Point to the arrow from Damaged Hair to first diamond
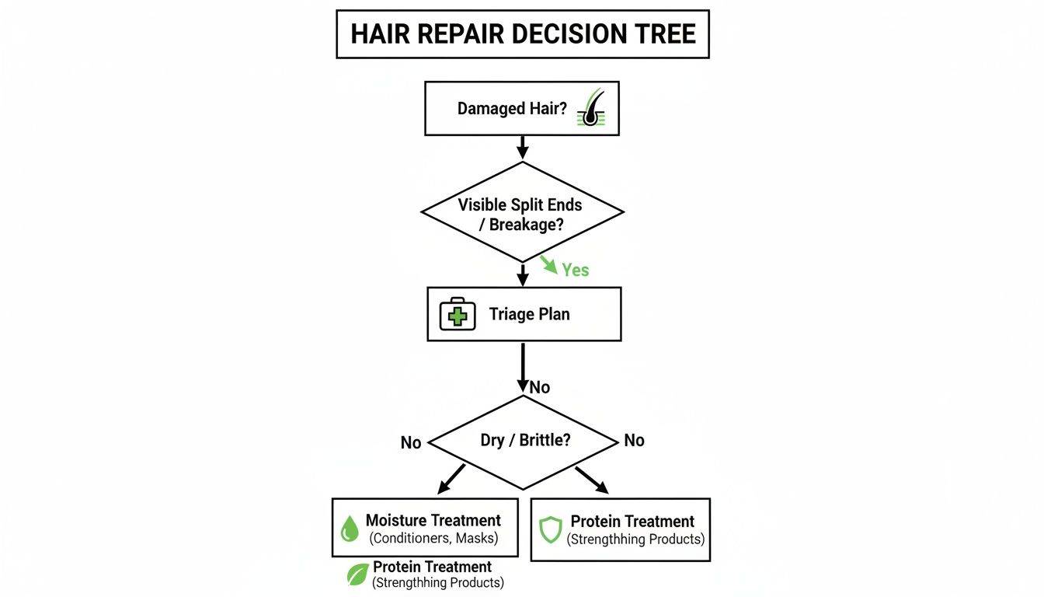522,147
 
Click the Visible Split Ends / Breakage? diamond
522,213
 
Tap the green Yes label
576,270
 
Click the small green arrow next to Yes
549,266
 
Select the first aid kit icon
458,315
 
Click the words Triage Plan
529,314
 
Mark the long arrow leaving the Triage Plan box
522,365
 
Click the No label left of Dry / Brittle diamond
411,442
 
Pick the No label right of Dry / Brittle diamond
634,441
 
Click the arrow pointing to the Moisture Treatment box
451,480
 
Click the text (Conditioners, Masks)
433,538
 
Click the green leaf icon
357,574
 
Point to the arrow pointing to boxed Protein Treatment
592,480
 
